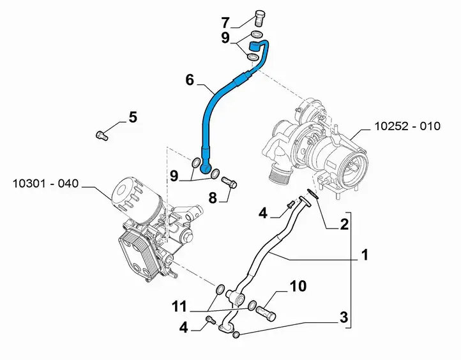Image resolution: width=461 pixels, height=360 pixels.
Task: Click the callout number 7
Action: point(225,22)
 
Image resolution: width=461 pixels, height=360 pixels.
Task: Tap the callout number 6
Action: point(190,80)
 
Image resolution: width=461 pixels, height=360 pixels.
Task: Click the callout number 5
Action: point(133,117)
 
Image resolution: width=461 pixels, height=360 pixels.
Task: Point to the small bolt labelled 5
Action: point(102,135)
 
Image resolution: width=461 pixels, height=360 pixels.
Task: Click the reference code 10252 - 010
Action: point(407,126)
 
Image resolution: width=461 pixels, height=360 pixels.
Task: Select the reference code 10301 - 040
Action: point(45,184)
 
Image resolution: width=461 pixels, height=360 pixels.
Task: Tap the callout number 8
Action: point(213,198)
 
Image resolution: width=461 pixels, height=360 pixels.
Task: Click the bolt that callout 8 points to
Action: point(229,182)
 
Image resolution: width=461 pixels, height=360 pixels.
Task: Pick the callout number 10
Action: point(298,286)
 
